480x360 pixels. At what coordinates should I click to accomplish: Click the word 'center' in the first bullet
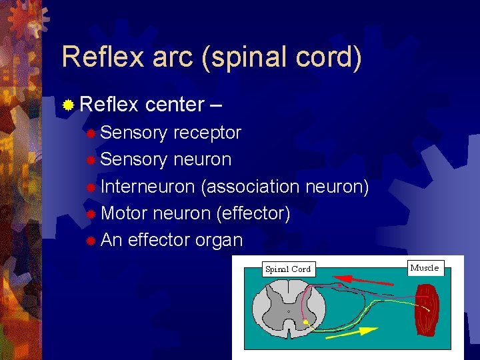[175, 105]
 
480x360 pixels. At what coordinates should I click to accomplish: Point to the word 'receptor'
[207, 133]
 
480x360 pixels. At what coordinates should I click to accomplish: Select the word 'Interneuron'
[148, 187]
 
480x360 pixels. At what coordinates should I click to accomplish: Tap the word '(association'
[250, 187]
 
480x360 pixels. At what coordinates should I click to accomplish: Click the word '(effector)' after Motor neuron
[253, 214]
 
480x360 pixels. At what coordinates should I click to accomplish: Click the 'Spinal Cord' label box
[288, 269]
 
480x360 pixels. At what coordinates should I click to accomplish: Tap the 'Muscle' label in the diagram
[425, 268]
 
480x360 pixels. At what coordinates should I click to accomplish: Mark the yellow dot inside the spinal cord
[305, 323]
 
